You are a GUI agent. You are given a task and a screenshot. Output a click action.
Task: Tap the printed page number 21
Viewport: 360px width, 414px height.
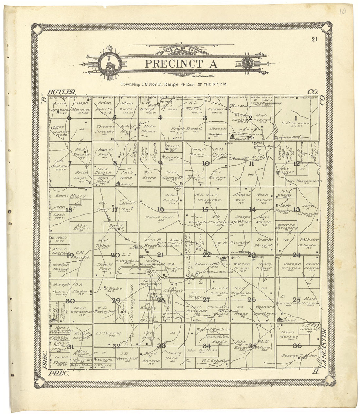pyautogui.click(x=315, y=40)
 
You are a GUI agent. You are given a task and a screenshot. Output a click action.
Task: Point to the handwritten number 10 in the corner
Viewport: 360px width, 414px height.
pyautogui.click(x=342, y=12)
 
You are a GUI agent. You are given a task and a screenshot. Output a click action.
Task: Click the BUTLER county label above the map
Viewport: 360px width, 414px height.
pyautogui.click(x=61, y=92)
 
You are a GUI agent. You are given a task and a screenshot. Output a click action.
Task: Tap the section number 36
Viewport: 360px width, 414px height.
pyautogui.click(x=297, y=346)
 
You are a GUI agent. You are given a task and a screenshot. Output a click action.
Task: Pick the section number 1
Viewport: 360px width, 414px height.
pyautogui.click(x=296, y=118)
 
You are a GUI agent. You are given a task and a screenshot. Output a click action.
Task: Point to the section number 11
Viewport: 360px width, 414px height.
pyautogui.click(x=251, y=164)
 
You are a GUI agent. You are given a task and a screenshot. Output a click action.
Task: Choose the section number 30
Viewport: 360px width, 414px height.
pyautogui.click(x=70, y=301)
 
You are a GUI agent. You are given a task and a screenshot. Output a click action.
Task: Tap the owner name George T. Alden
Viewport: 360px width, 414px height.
pyautogui.click(x=294, y=355)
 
